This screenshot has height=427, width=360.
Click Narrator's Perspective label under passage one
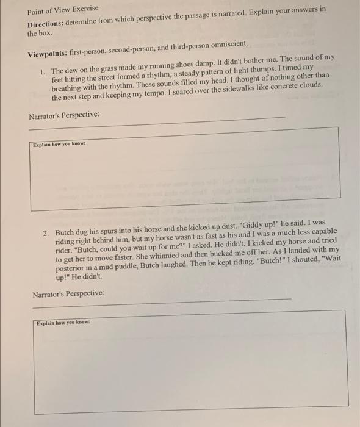pos(63,115)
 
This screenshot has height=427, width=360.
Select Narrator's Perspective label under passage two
pos(68,294)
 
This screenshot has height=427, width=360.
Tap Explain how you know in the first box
pos(59,145)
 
